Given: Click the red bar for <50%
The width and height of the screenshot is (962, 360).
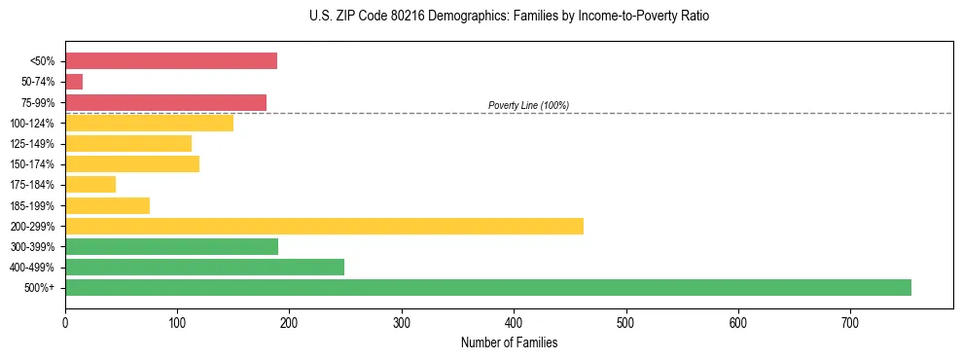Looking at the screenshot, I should pyautogui.click(x=171, y=61).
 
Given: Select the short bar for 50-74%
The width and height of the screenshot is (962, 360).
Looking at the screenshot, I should pyautogui.click(x=74, y=82).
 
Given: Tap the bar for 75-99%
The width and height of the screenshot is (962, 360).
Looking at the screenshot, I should pyautogui.click(x=165, y=102).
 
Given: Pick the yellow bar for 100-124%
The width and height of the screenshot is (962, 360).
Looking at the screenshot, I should pyautogui.click(x=149, y=123).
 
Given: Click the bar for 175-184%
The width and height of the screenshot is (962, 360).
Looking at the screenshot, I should pyautogui.click(x=90, y=184).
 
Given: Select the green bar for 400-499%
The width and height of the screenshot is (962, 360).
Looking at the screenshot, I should pyautogui.click(x=204, y=267).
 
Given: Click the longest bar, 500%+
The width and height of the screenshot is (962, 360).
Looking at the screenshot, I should pyautogui.click(x=487, y=287).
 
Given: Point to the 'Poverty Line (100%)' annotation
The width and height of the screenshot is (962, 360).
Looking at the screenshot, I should pyautogui.click(x=528, y=105).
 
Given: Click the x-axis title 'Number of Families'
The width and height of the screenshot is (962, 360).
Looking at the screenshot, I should pyautogui.click(x=509, y=342).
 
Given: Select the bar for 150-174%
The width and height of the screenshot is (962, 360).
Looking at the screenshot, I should pyautogui.click(x=132, y=163).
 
